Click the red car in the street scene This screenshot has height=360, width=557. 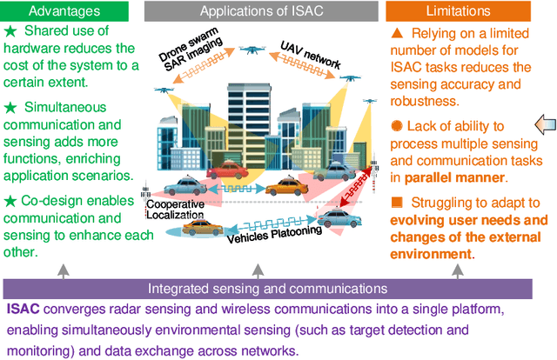coord(225,170)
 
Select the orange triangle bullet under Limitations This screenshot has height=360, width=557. coord(397,32)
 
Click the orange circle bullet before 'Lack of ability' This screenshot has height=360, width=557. coord(397,125)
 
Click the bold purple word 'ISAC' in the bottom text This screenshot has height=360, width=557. coord(22,309)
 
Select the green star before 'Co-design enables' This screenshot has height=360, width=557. coord(10,200)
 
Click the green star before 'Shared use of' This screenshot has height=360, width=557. coord(10,33)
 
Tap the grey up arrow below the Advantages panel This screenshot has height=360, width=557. coord(64,270)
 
